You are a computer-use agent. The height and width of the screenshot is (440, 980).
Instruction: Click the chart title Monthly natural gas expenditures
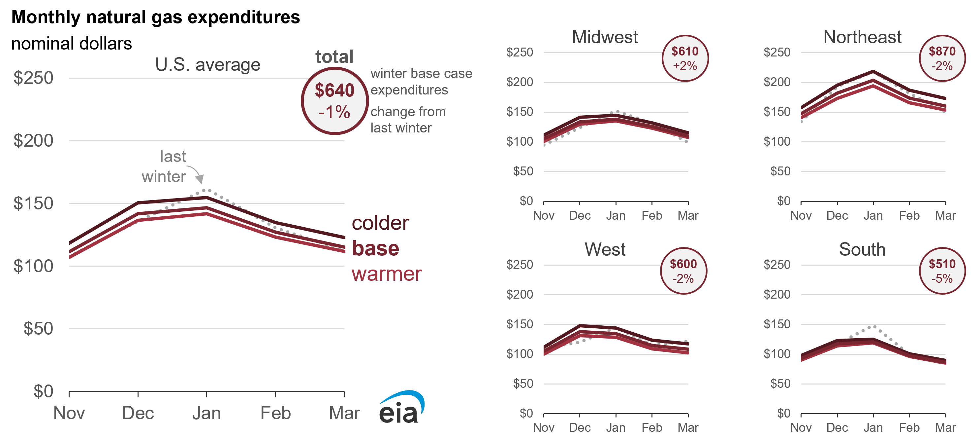[x=156, y=17]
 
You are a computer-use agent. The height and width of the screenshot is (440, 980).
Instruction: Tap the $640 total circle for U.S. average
[x=334, y=101]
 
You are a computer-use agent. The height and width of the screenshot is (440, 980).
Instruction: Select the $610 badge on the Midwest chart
[x=685, y=58]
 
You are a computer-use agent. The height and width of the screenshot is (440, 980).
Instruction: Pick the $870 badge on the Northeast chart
[x=942, y=58]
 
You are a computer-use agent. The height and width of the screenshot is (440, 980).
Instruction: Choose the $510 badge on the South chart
[x=942, y=271]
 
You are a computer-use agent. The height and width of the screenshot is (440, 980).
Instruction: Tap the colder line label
[x=380, y=223]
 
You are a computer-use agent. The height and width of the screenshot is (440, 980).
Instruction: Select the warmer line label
[x=387, y=274]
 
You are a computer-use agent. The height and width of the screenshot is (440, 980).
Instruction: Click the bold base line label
[x=375, y=248]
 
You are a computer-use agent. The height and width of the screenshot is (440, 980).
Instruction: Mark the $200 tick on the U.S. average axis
[x=33, y=141]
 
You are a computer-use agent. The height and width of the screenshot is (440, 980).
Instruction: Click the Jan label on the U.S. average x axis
[x=206, y=413]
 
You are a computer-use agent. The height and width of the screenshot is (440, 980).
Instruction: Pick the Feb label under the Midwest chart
[x=652, y=216]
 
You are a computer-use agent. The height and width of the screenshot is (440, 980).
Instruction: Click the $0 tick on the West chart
[x=526, y=413]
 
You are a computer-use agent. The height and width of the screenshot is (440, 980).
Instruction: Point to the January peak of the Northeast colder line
[x=873, y=71]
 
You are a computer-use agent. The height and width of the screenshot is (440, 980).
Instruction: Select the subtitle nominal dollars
[x=72, y=43]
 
